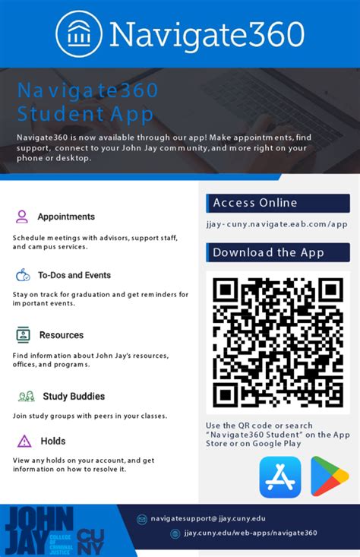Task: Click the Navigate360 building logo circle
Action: (x=80, y=33)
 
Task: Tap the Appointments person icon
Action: (x=22, y=217)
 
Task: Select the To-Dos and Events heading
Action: (x=74, y=275)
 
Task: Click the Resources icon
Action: (x=24, y=334)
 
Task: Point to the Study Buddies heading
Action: (x=74, y=396)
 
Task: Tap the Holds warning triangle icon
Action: (x=24, y=441)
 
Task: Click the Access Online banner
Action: (x=277, y=203)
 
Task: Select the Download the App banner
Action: (x=277, y=252)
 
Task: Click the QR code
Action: (x=277, y=341)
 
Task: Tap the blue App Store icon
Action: (x=279, y=476)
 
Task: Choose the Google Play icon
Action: (x=328, y=476)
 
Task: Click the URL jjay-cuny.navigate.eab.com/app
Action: (x=276, y=224)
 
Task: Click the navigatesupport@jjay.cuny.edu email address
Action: (x=207, y=518)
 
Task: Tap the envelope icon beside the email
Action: (x=141, y=519)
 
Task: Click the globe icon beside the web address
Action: (x=175, y=533)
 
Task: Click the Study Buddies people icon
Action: (x=27, y=396)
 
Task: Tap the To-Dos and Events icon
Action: (x=24, y=275)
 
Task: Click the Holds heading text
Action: (x=53, y=441)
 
